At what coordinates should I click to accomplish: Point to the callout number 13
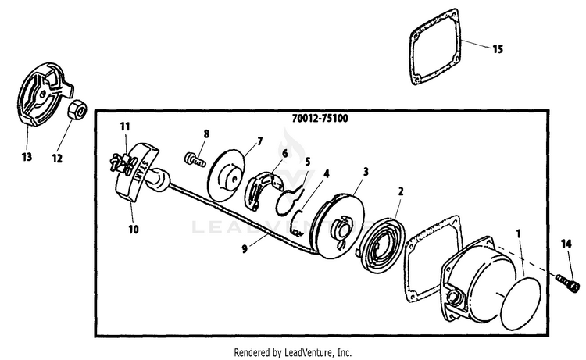27,157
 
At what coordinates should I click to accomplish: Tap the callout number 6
284,153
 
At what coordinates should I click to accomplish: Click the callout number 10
133,230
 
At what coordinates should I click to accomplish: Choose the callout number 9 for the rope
248,251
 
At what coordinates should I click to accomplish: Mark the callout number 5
307,162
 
